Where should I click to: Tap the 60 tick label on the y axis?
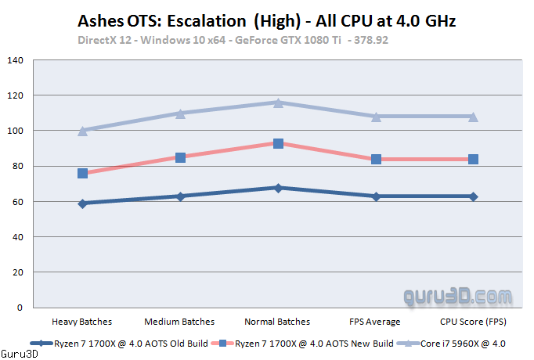click(x=17, y=202)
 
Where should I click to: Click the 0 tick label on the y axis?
click(x=20, y=308)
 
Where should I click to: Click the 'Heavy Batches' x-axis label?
click(x=82, y=322)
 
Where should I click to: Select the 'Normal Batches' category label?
click(x=278, y=322)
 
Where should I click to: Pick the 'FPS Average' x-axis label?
click(x=376, y=322)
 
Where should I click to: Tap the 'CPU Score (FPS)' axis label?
click(x=473, y=322)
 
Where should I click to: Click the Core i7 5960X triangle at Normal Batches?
click(x=278, y=103)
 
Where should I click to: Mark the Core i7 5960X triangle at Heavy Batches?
click(x=82, y=131)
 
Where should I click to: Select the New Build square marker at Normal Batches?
click(x=278, y=143)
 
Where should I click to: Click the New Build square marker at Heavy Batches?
click(x=82, y=173)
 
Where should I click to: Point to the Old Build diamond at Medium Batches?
click(x=180, y=196)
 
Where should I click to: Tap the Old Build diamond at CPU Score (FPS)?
click(x=473, y=196)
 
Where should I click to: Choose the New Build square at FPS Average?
click(x=376, y=159)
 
